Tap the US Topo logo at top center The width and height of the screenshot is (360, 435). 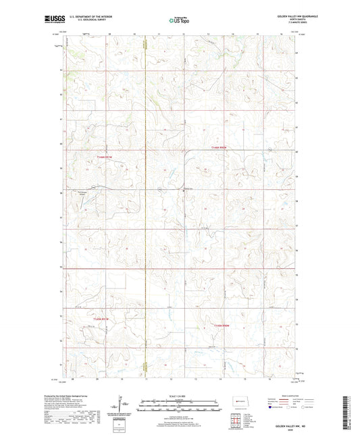click(x=179, y=21)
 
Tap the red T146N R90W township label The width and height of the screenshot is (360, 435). click(x=220, y=147)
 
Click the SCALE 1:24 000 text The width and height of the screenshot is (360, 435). click(x=179, y=396)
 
